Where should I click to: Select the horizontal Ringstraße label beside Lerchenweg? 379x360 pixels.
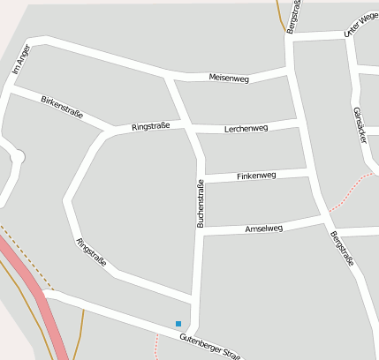pyautogui.click(x=150, y=127)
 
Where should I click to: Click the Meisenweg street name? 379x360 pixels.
pyautogui.click(x=229, y=79)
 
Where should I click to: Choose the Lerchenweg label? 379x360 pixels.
pyautogui.click(x=246, y=128)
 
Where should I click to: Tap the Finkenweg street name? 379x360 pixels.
pyautogui.click(x=256, y=176)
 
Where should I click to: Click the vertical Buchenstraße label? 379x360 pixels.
pyautogui.click(x=200, y=204)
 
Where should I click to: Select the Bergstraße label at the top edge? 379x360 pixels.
pyautogui.click(x=295, y=16)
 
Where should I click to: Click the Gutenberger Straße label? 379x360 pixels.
pyautogui.click(x=209, y=345)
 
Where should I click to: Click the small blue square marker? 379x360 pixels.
pyautogui.click(x=178, y=324)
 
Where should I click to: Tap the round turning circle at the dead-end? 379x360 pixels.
pyautogui.click(x=19, y=157)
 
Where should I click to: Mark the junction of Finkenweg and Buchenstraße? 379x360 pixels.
pyautogui.click(x=202, y=180)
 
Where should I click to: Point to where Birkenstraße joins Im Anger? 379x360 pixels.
pyautogui.click(x=11, y=88)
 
